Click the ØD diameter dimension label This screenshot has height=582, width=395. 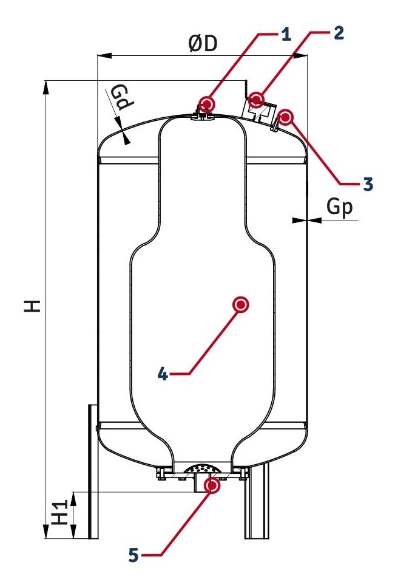pyautogui.click(x=202, y=44)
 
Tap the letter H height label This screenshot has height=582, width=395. pyautogui.click(x=32, y=306)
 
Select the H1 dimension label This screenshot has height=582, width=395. pyautogui.click(x=59, y=512)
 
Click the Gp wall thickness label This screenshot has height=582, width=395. pyautogui.click(x=339, y=207)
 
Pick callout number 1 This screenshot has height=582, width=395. pyautogui.click(x=286, y=35)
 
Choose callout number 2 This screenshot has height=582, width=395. pyautogui.click(x=339, y=33)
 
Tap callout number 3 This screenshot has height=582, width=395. pyautogui.click(x=368, y=183)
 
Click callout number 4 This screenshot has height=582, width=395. pyautogui.click(x=163, y=374)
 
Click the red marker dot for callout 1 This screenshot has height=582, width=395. pyautogui.click(x=206, y=103)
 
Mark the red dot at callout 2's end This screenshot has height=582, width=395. pyautogui.click(x=255, y=99)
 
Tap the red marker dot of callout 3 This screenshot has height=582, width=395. pyautogui.click(x=285, y=117)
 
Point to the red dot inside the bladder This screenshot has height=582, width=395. pyautogui.click(x=241, y=305)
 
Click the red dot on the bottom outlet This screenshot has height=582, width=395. pyautogui.click(x=212, y=485)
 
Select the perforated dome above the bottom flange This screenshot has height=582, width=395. pyautogui.click(x=202, y=468)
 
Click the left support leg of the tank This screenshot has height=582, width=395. pyautogui.click(x=93, y=471)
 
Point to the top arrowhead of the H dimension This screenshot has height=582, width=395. pyautogui.click(x=46, y=87)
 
